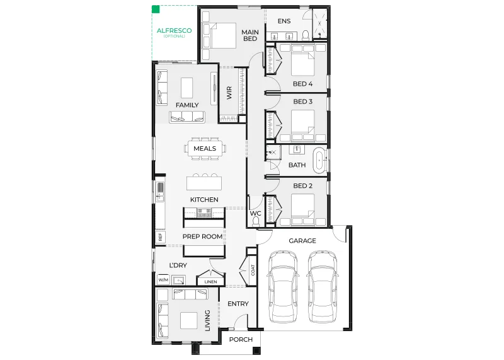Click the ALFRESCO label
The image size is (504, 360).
[x=174, y=30]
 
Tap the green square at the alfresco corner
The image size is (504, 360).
[x=156, y=9]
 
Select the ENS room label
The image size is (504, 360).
[x=284, y=21]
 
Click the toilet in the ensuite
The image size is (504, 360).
[x=306, y=35]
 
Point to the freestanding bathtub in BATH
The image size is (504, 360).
[x=319, y=159]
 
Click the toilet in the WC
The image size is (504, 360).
[x=256, y=221]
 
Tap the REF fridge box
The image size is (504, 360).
[x=161, y=237]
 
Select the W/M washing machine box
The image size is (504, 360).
[x=163, y=279]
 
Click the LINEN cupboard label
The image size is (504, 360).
[x=211, y=282]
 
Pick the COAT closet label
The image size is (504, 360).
[x=253, y=270]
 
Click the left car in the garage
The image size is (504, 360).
[x=283, y=286]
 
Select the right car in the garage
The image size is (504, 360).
[x=322, y=286]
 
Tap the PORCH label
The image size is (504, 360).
[x=241, y=339]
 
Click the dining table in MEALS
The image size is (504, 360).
[x=205, y=149]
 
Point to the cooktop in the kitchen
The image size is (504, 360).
[x=204, y=212]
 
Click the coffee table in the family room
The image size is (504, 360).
[x=186, y=88]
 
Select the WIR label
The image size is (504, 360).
[x=229, y=93]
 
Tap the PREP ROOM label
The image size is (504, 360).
[x=202, y=236]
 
